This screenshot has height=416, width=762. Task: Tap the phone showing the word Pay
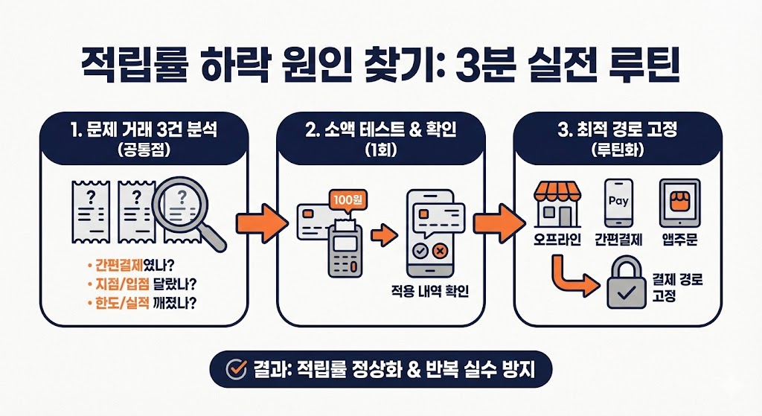618,202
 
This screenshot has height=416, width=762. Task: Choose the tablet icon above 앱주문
679,202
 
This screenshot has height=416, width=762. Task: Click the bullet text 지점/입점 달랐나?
141,285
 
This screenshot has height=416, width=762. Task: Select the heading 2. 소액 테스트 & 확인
380,129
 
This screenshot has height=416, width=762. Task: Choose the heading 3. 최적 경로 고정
618,129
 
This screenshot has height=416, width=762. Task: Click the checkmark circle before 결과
236,368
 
